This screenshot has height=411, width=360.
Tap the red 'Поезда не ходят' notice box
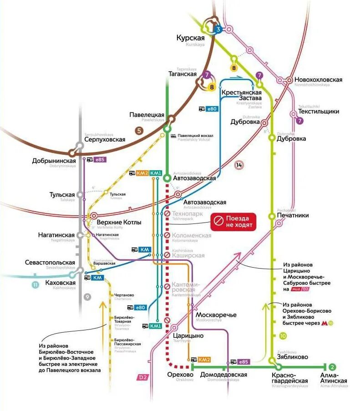point(233,222)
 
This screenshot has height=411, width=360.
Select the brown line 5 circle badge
point(140,131)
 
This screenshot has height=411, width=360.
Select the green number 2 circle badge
point(332,367)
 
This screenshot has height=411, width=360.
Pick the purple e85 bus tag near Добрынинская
point(100,159)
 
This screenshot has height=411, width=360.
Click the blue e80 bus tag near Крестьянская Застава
point(212,109)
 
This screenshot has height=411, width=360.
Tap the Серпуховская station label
point(105,140)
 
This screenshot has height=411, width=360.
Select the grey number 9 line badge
point(87,297)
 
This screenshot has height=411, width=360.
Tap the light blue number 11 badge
point(35,285)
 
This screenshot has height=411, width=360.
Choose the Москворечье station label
point(216,315)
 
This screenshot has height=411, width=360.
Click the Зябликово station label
point(292,357)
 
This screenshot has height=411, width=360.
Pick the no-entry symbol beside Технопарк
point(167,213)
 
